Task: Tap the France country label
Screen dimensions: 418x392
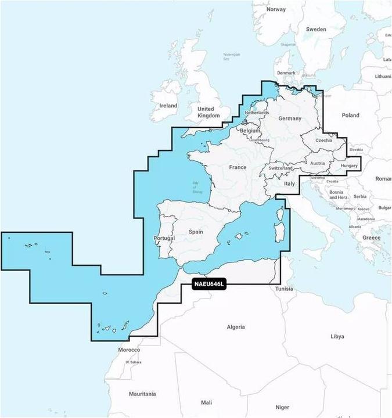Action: coord(238,167)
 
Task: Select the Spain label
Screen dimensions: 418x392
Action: coord(196,232)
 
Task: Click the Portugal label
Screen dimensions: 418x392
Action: coord(164,239)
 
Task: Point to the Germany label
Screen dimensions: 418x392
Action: coord(290,118)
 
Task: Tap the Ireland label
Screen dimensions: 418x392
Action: coord(168,106)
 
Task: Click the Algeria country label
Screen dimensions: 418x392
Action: coord(235,327)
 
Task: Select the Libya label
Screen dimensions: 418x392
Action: coord(337,336)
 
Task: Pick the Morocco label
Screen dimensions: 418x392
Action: coord(129,350)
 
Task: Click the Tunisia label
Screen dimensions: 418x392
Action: coord(284,289)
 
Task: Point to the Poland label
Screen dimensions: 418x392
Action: coord(350,116)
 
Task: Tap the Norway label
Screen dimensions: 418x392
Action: coord(276,9)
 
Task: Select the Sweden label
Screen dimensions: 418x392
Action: coord(316,28)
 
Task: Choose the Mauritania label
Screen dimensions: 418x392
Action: coord(142,394)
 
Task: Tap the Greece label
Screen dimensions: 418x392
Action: coord(372,237)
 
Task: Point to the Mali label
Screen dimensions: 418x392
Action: coord(206,402)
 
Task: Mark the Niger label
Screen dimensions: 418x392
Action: coord(282,407)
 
